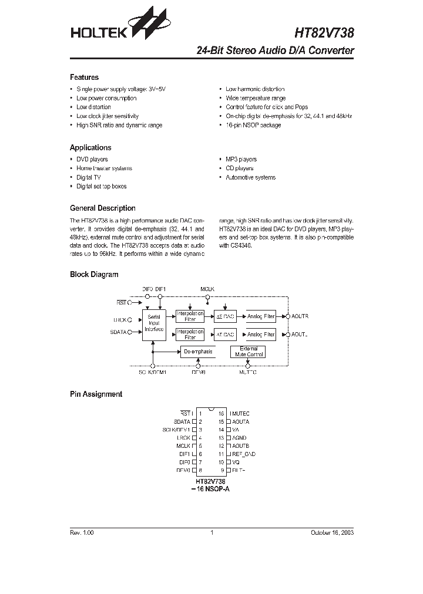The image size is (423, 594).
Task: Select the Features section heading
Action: point(84,77)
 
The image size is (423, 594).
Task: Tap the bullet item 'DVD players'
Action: point(92,159)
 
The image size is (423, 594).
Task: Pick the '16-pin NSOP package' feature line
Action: point(253,125)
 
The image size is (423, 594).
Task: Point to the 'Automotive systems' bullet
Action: point(250,177)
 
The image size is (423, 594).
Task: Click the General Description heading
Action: point(102,208)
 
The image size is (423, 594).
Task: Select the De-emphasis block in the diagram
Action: point(197,352)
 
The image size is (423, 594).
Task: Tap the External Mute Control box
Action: point(249,352)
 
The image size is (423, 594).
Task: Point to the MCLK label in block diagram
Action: point(207,289)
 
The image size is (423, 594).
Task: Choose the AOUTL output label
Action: point(300,334)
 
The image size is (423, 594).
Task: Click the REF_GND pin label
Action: point(244,454)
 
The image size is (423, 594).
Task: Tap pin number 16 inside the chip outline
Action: point(221,414)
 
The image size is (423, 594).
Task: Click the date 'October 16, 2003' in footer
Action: point(332,533)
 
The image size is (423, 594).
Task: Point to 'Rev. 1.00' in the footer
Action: point(82,533)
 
